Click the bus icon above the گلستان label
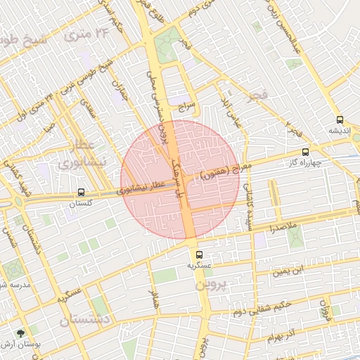pyautogui.click(x=82, y=191)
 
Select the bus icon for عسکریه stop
pyautogui.click(x=199, y=255)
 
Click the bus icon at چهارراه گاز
pyautogui.click(x=304, y=152)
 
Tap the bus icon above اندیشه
pyautogui.click(x=340, y=120)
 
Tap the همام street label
pyautogui.click(x=154, y=299)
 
